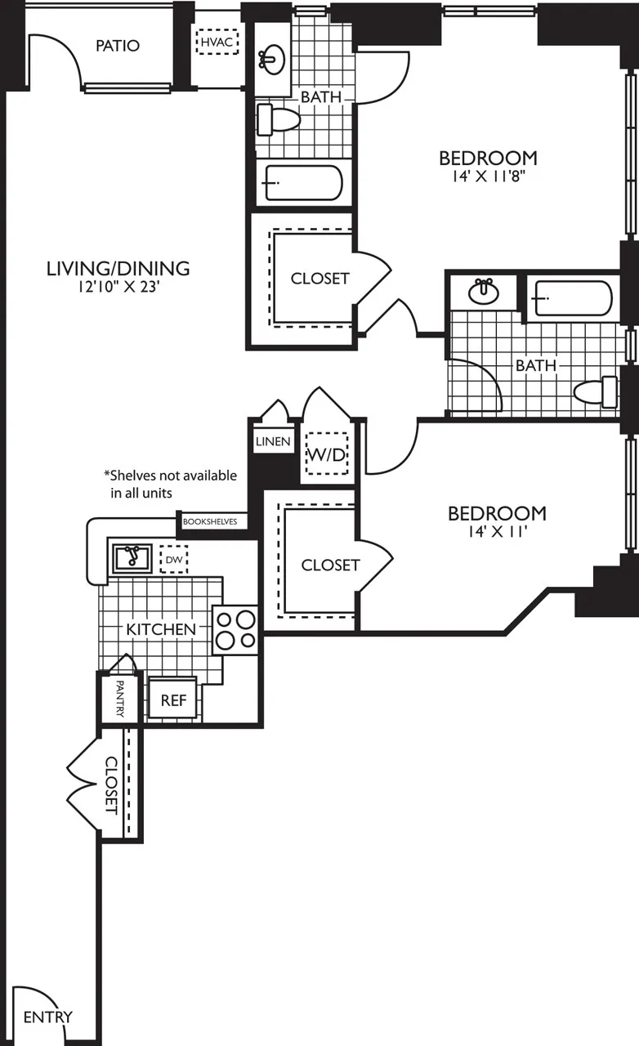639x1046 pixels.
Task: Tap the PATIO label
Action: [117, 46]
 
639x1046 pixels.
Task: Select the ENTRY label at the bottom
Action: [47, 1017]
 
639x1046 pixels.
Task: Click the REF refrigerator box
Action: [172, 700]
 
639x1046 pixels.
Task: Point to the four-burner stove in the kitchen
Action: [235, 629]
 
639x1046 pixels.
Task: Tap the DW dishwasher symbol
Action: [173, 560]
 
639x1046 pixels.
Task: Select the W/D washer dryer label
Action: [326, 455]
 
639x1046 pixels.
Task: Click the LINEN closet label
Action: [273, 441]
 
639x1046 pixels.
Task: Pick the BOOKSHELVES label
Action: [214, 521]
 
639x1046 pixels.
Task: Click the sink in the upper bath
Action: [272, 58]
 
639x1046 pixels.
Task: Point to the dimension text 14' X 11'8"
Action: [488, 176]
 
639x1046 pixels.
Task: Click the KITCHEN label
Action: [161, 629]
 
